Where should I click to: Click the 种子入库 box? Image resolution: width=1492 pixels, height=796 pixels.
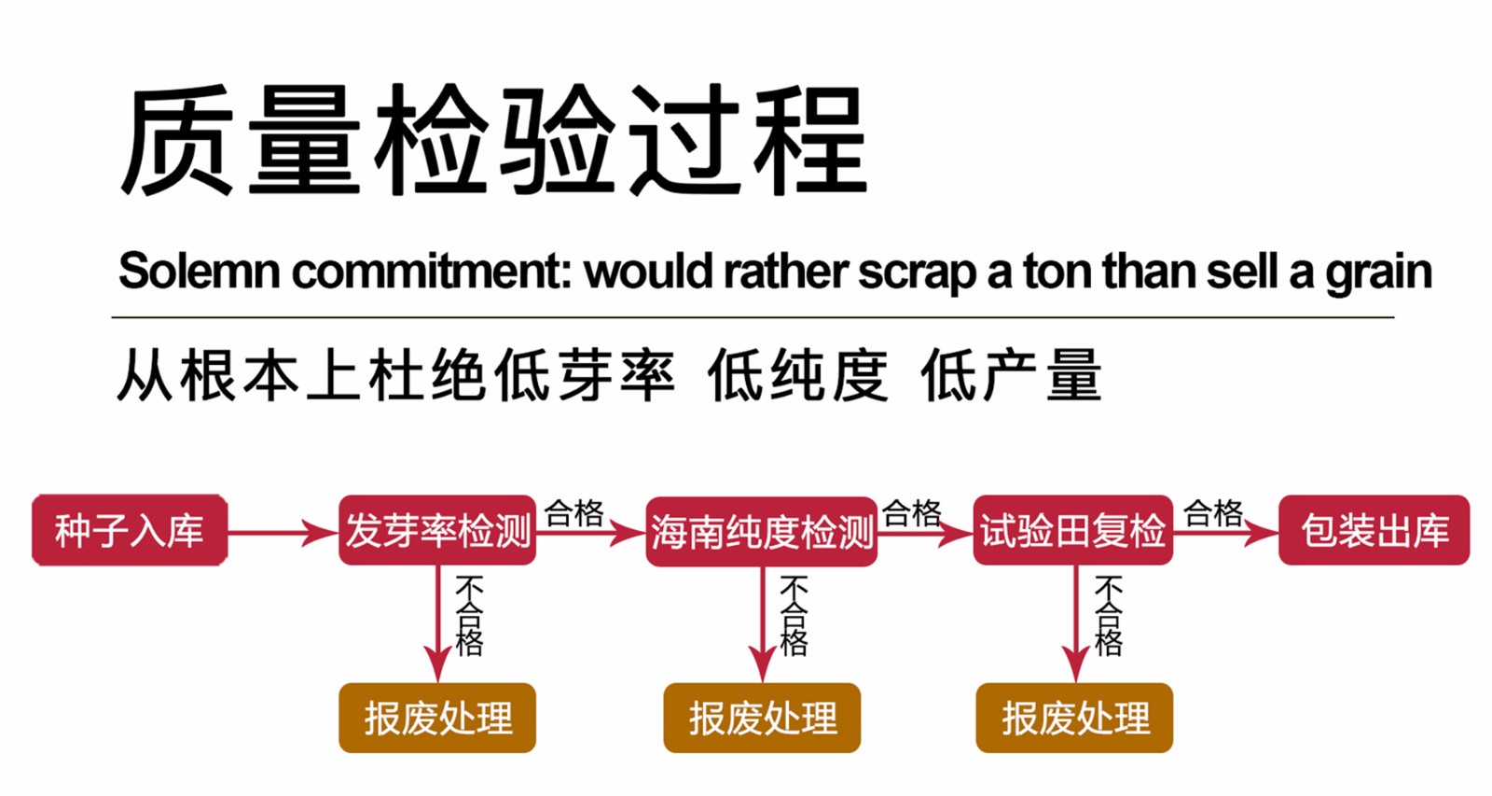pyautogui.click(x=130, y=531)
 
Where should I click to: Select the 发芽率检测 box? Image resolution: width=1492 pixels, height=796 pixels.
pyautogui.click(x=437, y=531)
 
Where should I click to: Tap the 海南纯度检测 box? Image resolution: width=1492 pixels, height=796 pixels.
pyautogui.click(x=762, y=532)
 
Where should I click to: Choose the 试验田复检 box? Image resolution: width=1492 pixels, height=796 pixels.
pyautogui.click(x=1072, y=531)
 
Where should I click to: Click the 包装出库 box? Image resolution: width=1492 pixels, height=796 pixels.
pyautogui.click(x=1374, y=531)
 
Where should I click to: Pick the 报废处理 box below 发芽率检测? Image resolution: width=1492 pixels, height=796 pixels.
pyautogui.click(x=437, y=718)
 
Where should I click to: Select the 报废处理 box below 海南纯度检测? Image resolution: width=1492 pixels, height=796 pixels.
pyautogui.click(x=762, y=718)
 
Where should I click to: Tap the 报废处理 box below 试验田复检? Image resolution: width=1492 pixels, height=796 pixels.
pyautogui.click(x=1074, y=718)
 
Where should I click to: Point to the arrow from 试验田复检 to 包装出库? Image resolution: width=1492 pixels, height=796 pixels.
pyautogui.click(x=1225, y=533)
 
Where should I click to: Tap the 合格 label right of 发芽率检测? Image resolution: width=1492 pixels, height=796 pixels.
pyautogui.click(x=574, y=512)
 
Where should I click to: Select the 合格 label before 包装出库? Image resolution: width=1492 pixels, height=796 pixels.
pyautogui.click(x=1213, y=512)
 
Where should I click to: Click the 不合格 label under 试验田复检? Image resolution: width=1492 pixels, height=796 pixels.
pyautogui.click(x=1108, y=616)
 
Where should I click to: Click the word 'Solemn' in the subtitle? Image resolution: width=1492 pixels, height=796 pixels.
pyautogui.click(x=199, y=272)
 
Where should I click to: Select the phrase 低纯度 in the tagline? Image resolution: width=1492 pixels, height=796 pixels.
pyautogui.click(x=798, y=376)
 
